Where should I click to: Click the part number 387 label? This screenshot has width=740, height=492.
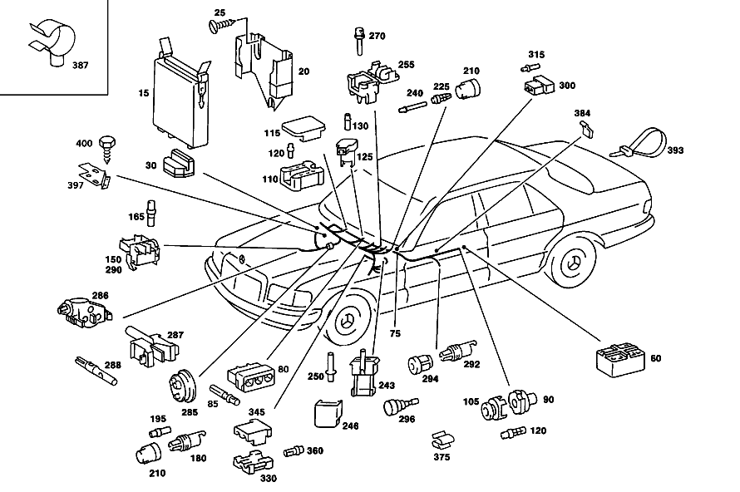[x=80, y=65]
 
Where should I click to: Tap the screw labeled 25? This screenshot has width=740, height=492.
[x=223, y=24]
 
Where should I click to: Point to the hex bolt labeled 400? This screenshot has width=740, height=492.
[x=107, y=148]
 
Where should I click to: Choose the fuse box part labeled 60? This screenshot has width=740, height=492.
[x=620, y=361]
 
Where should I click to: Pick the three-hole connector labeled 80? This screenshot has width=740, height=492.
[x=250, y=376]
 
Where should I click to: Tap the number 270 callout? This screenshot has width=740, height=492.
[x=377, y=36]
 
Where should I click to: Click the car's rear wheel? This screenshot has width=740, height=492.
[x=574, y=263]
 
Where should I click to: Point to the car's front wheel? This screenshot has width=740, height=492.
[x=348, y=321]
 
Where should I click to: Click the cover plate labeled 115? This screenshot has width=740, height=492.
[x=303, y=128]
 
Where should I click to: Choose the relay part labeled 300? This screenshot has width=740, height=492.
[x=540, y=85]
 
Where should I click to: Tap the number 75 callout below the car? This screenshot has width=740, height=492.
[x=395, y=333]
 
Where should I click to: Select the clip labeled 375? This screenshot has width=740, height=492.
[x=442, y=440]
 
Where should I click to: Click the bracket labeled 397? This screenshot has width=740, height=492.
[x=95, y=175]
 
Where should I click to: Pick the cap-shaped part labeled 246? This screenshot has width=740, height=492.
[x=328, y=413]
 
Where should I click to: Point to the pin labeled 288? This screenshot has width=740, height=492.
[x=96, y=371]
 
